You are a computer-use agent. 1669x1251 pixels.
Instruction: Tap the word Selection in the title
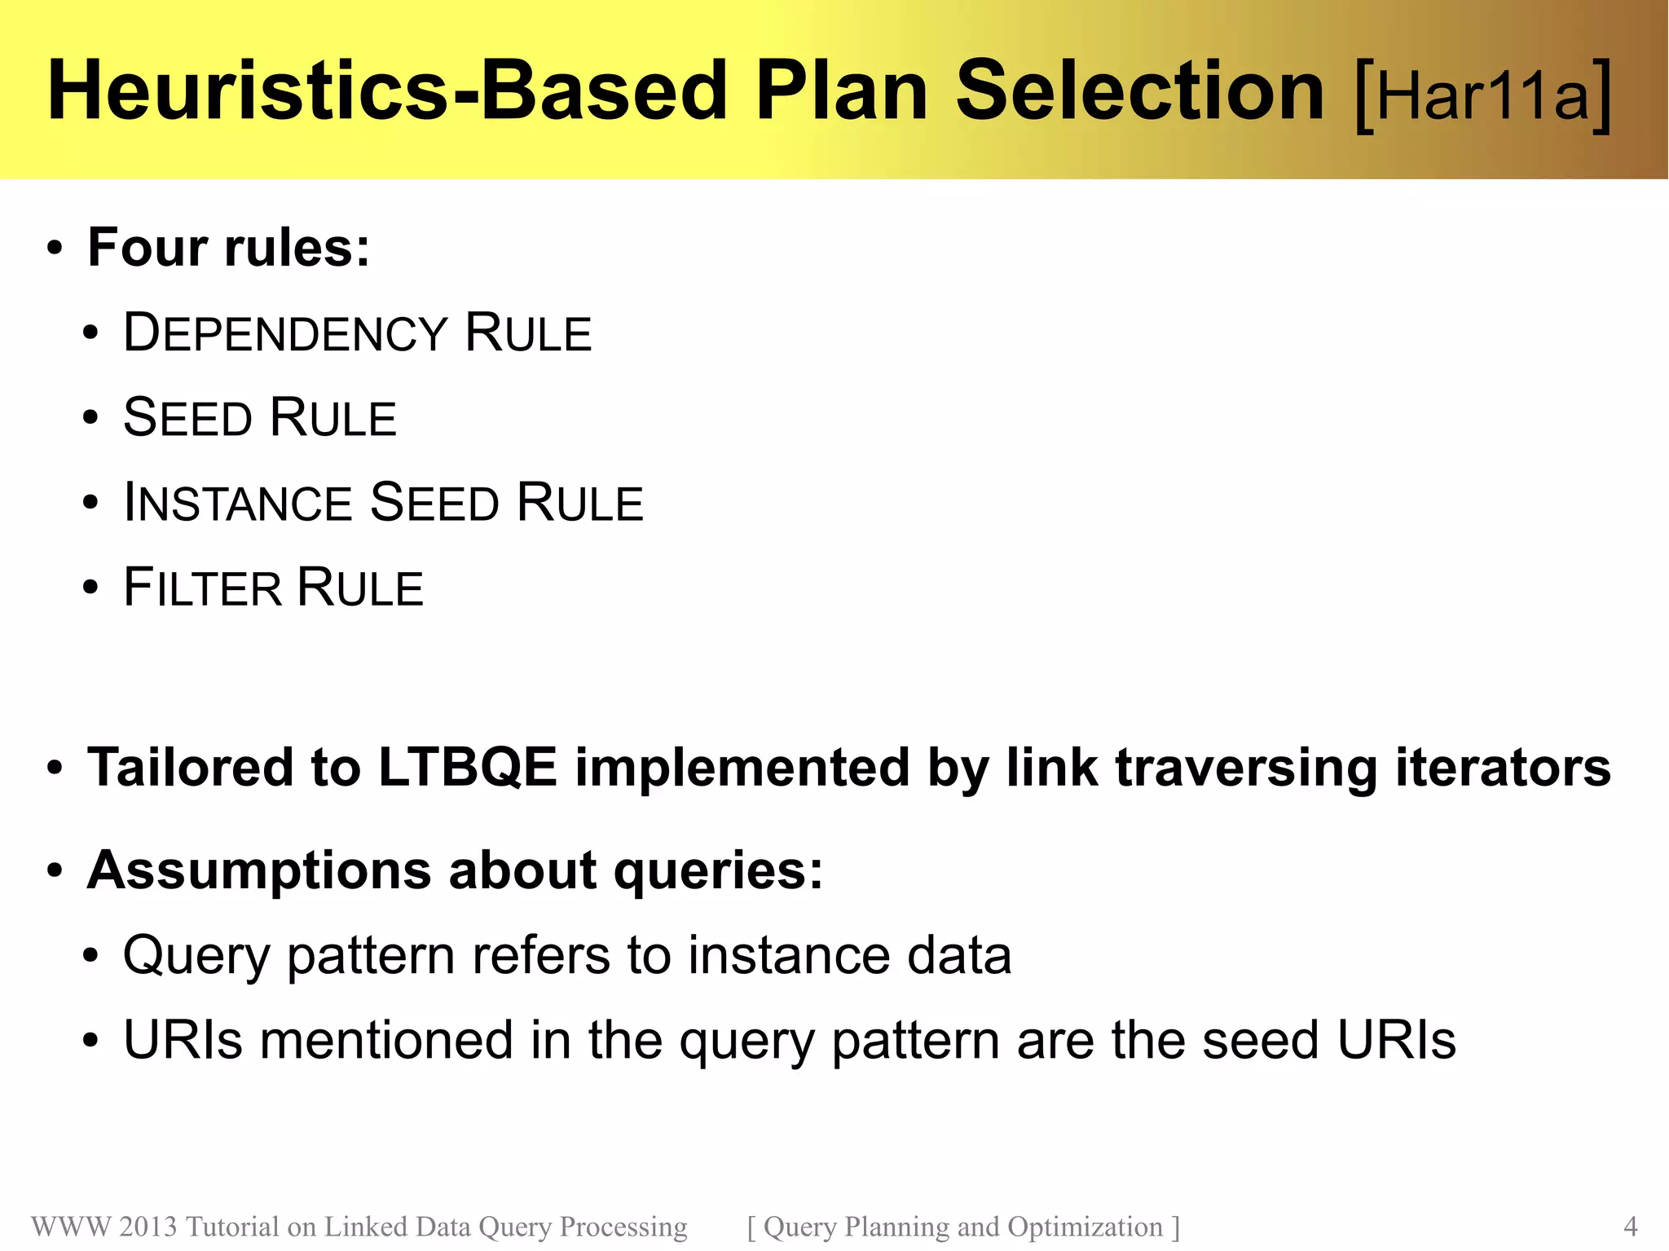[1139, 90]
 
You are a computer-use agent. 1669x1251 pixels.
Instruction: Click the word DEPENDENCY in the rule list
[285, 334]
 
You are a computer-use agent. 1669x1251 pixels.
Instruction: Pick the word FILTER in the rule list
[202, 588]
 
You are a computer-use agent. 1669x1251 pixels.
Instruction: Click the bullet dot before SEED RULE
[90, 418]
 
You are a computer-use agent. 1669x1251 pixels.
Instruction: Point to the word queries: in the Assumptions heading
[718, 870]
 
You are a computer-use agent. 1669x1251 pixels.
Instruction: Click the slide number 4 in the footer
[1630, 1226]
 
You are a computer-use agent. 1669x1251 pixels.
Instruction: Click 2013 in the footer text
[148, 1226]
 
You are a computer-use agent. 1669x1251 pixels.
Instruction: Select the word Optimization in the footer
[1085, 1226]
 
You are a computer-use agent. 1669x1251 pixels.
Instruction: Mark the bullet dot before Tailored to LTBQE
[55, 768]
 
